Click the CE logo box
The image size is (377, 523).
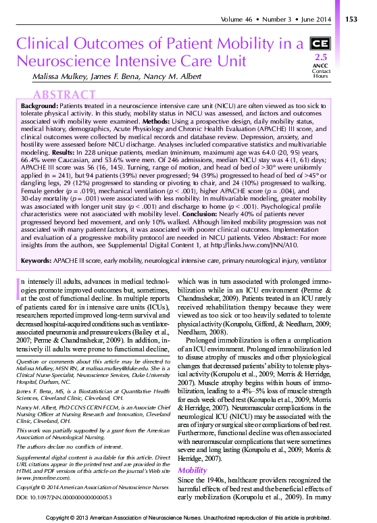[320, 43]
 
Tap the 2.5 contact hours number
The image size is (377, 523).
[321, 58]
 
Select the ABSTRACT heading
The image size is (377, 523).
[64, 95]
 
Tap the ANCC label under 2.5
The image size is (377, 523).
[321, 66]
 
